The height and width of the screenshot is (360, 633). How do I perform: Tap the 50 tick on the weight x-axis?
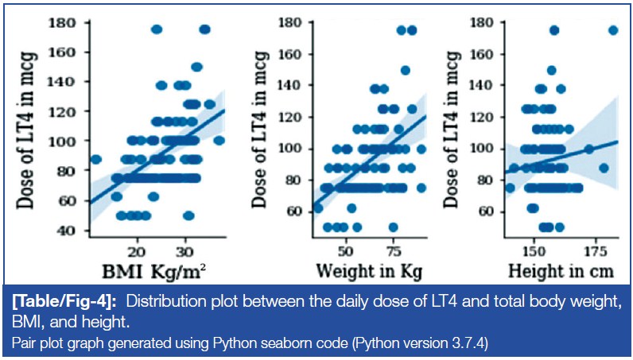[346, 248]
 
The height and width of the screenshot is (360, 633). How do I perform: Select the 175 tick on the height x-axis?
[592, 248]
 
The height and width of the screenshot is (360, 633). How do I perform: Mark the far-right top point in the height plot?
[613, 30]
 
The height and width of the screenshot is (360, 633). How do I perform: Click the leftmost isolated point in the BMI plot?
[96, 159]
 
